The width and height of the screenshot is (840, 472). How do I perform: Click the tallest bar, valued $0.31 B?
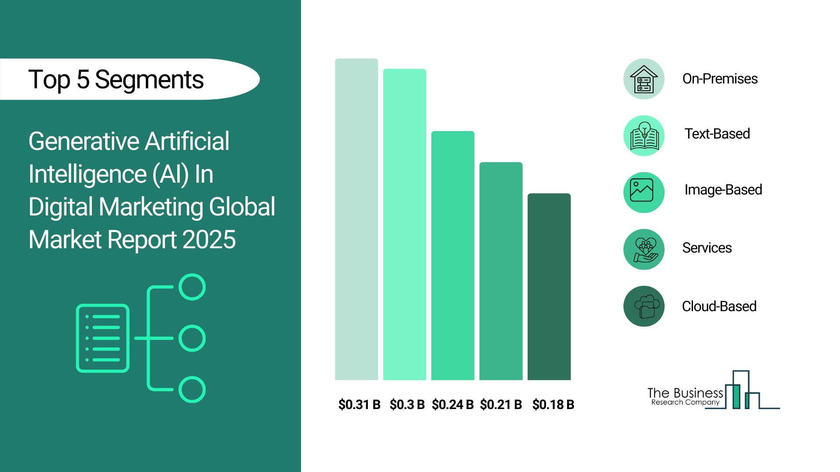357,219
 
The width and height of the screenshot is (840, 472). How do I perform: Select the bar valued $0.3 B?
405,224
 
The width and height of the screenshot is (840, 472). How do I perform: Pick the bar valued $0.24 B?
453,256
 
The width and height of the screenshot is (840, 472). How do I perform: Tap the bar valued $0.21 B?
501,271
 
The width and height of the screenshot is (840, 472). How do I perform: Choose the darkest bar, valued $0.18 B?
549,287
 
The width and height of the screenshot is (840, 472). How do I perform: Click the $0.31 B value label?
359,405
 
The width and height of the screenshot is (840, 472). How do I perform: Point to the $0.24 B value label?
453,405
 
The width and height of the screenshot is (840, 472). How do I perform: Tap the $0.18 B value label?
553,405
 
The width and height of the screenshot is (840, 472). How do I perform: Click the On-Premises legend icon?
644,79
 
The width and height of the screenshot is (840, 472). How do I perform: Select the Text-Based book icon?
644,136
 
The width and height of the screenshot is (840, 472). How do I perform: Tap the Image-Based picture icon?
644,193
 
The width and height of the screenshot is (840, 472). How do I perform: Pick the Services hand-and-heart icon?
644,250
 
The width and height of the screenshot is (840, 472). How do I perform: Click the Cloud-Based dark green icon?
644,306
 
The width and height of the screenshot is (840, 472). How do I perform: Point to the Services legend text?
707,248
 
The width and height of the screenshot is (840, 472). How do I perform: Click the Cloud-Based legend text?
719,306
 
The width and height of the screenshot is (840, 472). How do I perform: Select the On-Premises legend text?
720,79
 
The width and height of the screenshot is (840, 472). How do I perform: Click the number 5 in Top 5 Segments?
83,80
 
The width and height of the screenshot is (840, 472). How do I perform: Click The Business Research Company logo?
714,390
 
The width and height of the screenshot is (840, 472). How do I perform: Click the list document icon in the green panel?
103,338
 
